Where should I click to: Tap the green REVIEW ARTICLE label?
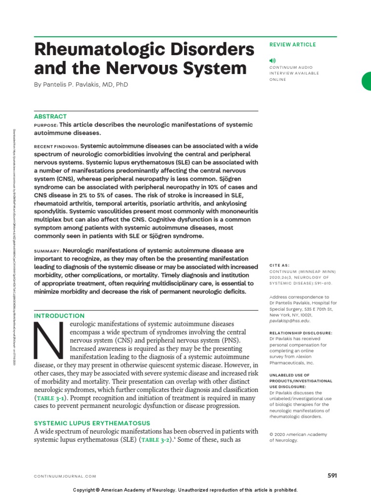pos(292,44)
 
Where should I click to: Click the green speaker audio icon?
pos(272,60)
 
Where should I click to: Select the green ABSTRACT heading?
pos(50,116)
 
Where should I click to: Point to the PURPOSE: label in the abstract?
pos(45,125)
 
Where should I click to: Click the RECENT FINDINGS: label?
pos(56,146)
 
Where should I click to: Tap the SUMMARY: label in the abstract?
pos(47,251)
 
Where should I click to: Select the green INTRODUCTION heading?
pos(59,316)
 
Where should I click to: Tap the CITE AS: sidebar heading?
pos(280,265)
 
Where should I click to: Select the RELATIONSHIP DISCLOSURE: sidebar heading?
pos(301,333)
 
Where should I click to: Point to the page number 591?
pos(332,476)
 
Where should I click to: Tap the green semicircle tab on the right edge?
pos(367,81)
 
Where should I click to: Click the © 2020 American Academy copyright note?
pos(298,435)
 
